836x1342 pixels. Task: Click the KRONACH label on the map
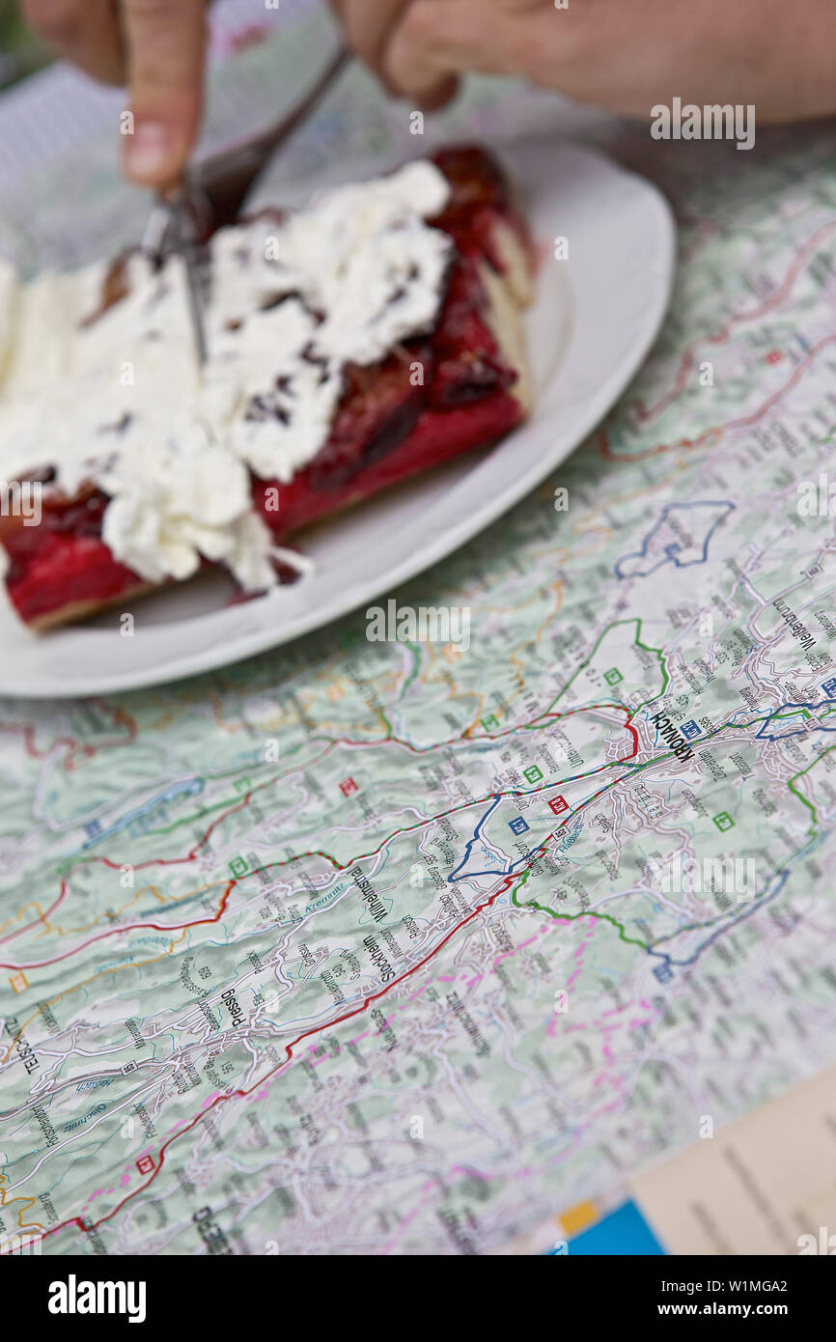[670, 736]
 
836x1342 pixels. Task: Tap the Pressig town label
[232, 1009]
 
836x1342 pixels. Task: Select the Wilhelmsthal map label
[370, 894]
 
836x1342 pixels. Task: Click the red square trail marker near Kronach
[557, 803]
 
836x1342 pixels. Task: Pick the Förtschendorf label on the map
[43, 1124]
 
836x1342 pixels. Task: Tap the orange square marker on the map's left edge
[17, 982]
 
